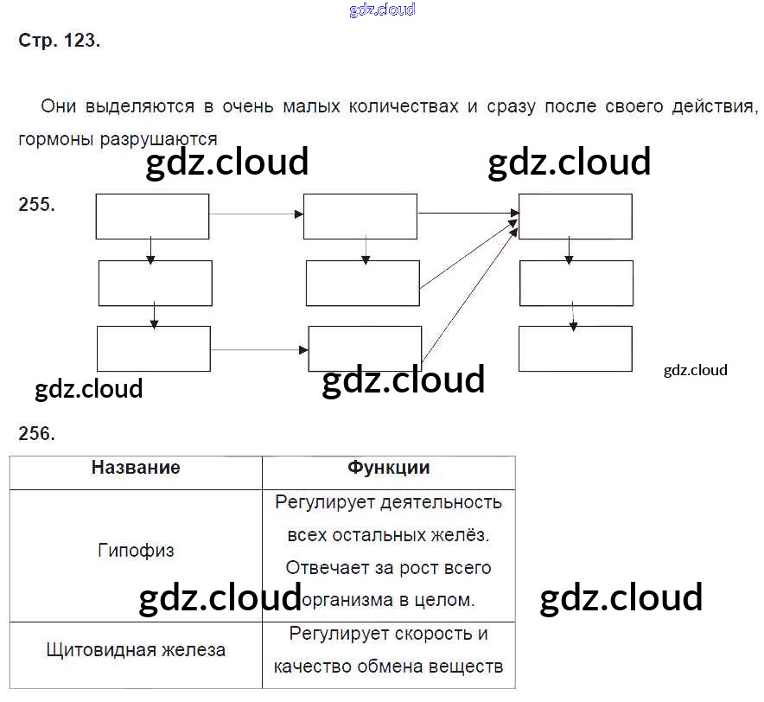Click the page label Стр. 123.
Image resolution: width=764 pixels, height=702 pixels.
coord(59,41)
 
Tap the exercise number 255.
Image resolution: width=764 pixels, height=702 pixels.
coord(36,205)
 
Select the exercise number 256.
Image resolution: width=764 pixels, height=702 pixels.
coord(36,434)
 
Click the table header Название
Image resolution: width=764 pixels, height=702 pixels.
coord(136,468)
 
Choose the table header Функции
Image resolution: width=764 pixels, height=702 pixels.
coord(388,468)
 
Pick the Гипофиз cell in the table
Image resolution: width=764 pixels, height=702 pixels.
coord(136,550)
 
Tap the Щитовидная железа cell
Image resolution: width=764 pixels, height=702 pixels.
coord(136,649)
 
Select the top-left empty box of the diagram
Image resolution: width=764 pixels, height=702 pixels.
coord(152,216)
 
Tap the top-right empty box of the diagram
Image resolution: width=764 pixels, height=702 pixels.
coord(575,216)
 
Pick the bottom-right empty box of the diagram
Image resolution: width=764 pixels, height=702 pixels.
coord(575,348)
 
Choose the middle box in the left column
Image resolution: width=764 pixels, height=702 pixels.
coord(155,283)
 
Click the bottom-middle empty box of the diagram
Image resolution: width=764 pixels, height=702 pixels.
coord(365,348)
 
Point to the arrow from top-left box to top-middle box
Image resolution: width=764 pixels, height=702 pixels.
coord(256,214)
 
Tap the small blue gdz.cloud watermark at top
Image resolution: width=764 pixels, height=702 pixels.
coord(382,10)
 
